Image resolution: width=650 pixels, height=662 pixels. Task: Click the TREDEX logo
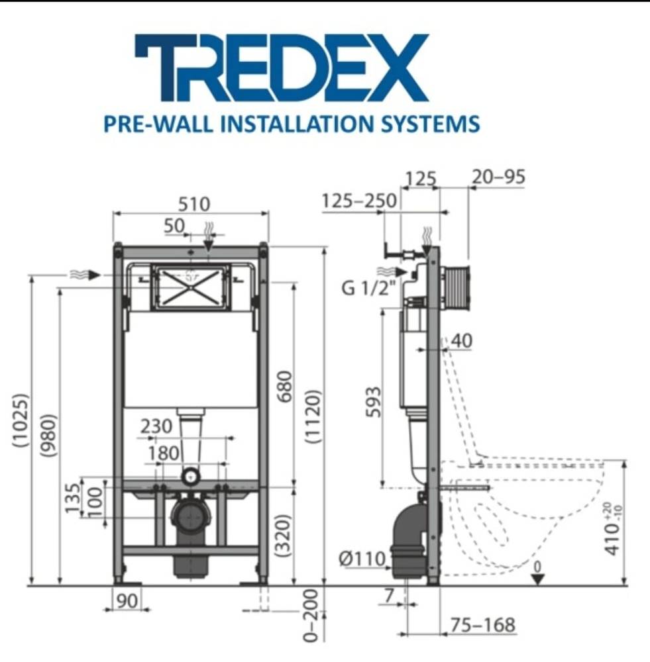point(282,68)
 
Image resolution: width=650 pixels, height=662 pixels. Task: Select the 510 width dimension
point(194,205)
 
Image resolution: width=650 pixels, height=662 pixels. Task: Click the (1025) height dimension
point(21,420)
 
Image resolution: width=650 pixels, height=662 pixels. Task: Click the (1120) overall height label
point(313,416)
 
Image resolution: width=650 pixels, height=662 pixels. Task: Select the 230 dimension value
point(156,426)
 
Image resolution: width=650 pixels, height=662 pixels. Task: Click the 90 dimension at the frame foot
point(127,601)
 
